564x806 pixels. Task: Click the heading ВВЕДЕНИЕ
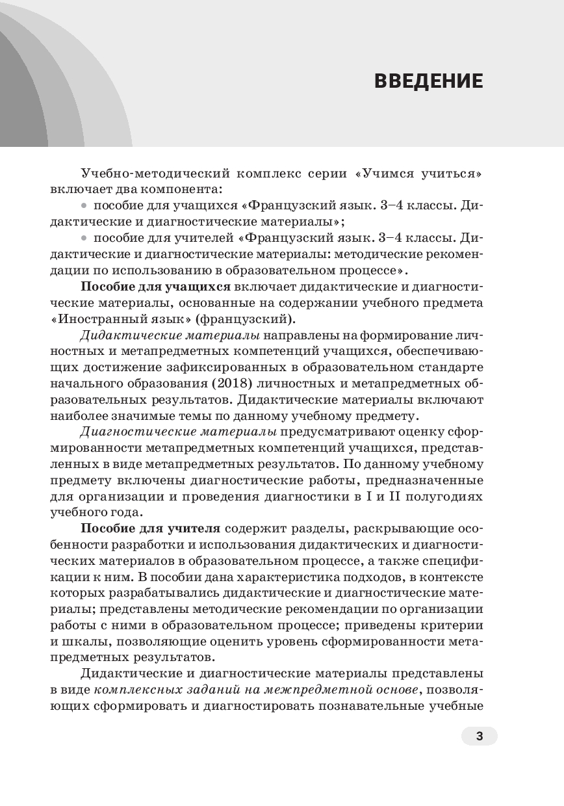pos(428,81)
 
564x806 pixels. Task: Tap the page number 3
pos(479,736)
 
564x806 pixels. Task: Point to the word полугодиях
pos(448,495)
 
